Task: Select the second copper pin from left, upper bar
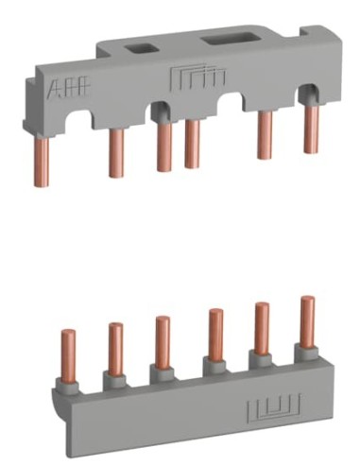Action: point(116,152)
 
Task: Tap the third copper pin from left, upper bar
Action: point(163,147)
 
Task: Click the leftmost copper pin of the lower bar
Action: point(68,352)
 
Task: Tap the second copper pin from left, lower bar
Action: point(115,347)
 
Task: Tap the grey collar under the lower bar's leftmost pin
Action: point(69,382)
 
